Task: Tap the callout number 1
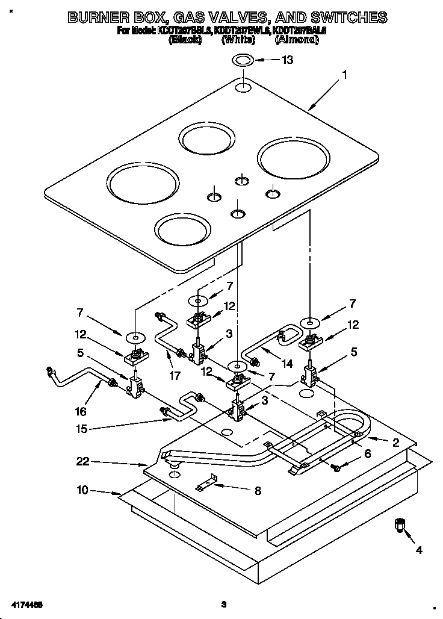tap(344, 75)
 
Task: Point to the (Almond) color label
tap(296, 40)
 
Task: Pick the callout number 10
tap(82, 490)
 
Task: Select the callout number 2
tap(395, 443)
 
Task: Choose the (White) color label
tap(238, 40)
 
